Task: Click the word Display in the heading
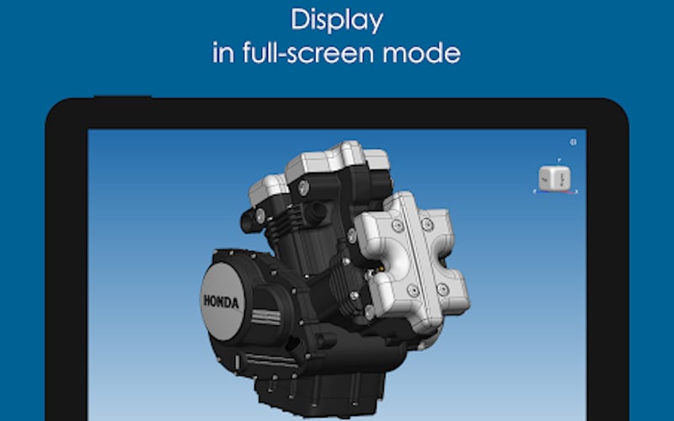(x=337, y=19)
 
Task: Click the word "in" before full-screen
(x=222, y=53)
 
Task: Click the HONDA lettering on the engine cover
(x=220, y=301)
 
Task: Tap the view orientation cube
(x=554, y=177)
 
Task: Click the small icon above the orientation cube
(x=573, y=141)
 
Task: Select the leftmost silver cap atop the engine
(x=267, y=192)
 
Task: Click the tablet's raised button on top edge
(x=122, y=99)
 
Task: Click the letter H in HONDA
(x=206, y=299)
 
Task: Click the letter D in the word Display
(x=297, y=19)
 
